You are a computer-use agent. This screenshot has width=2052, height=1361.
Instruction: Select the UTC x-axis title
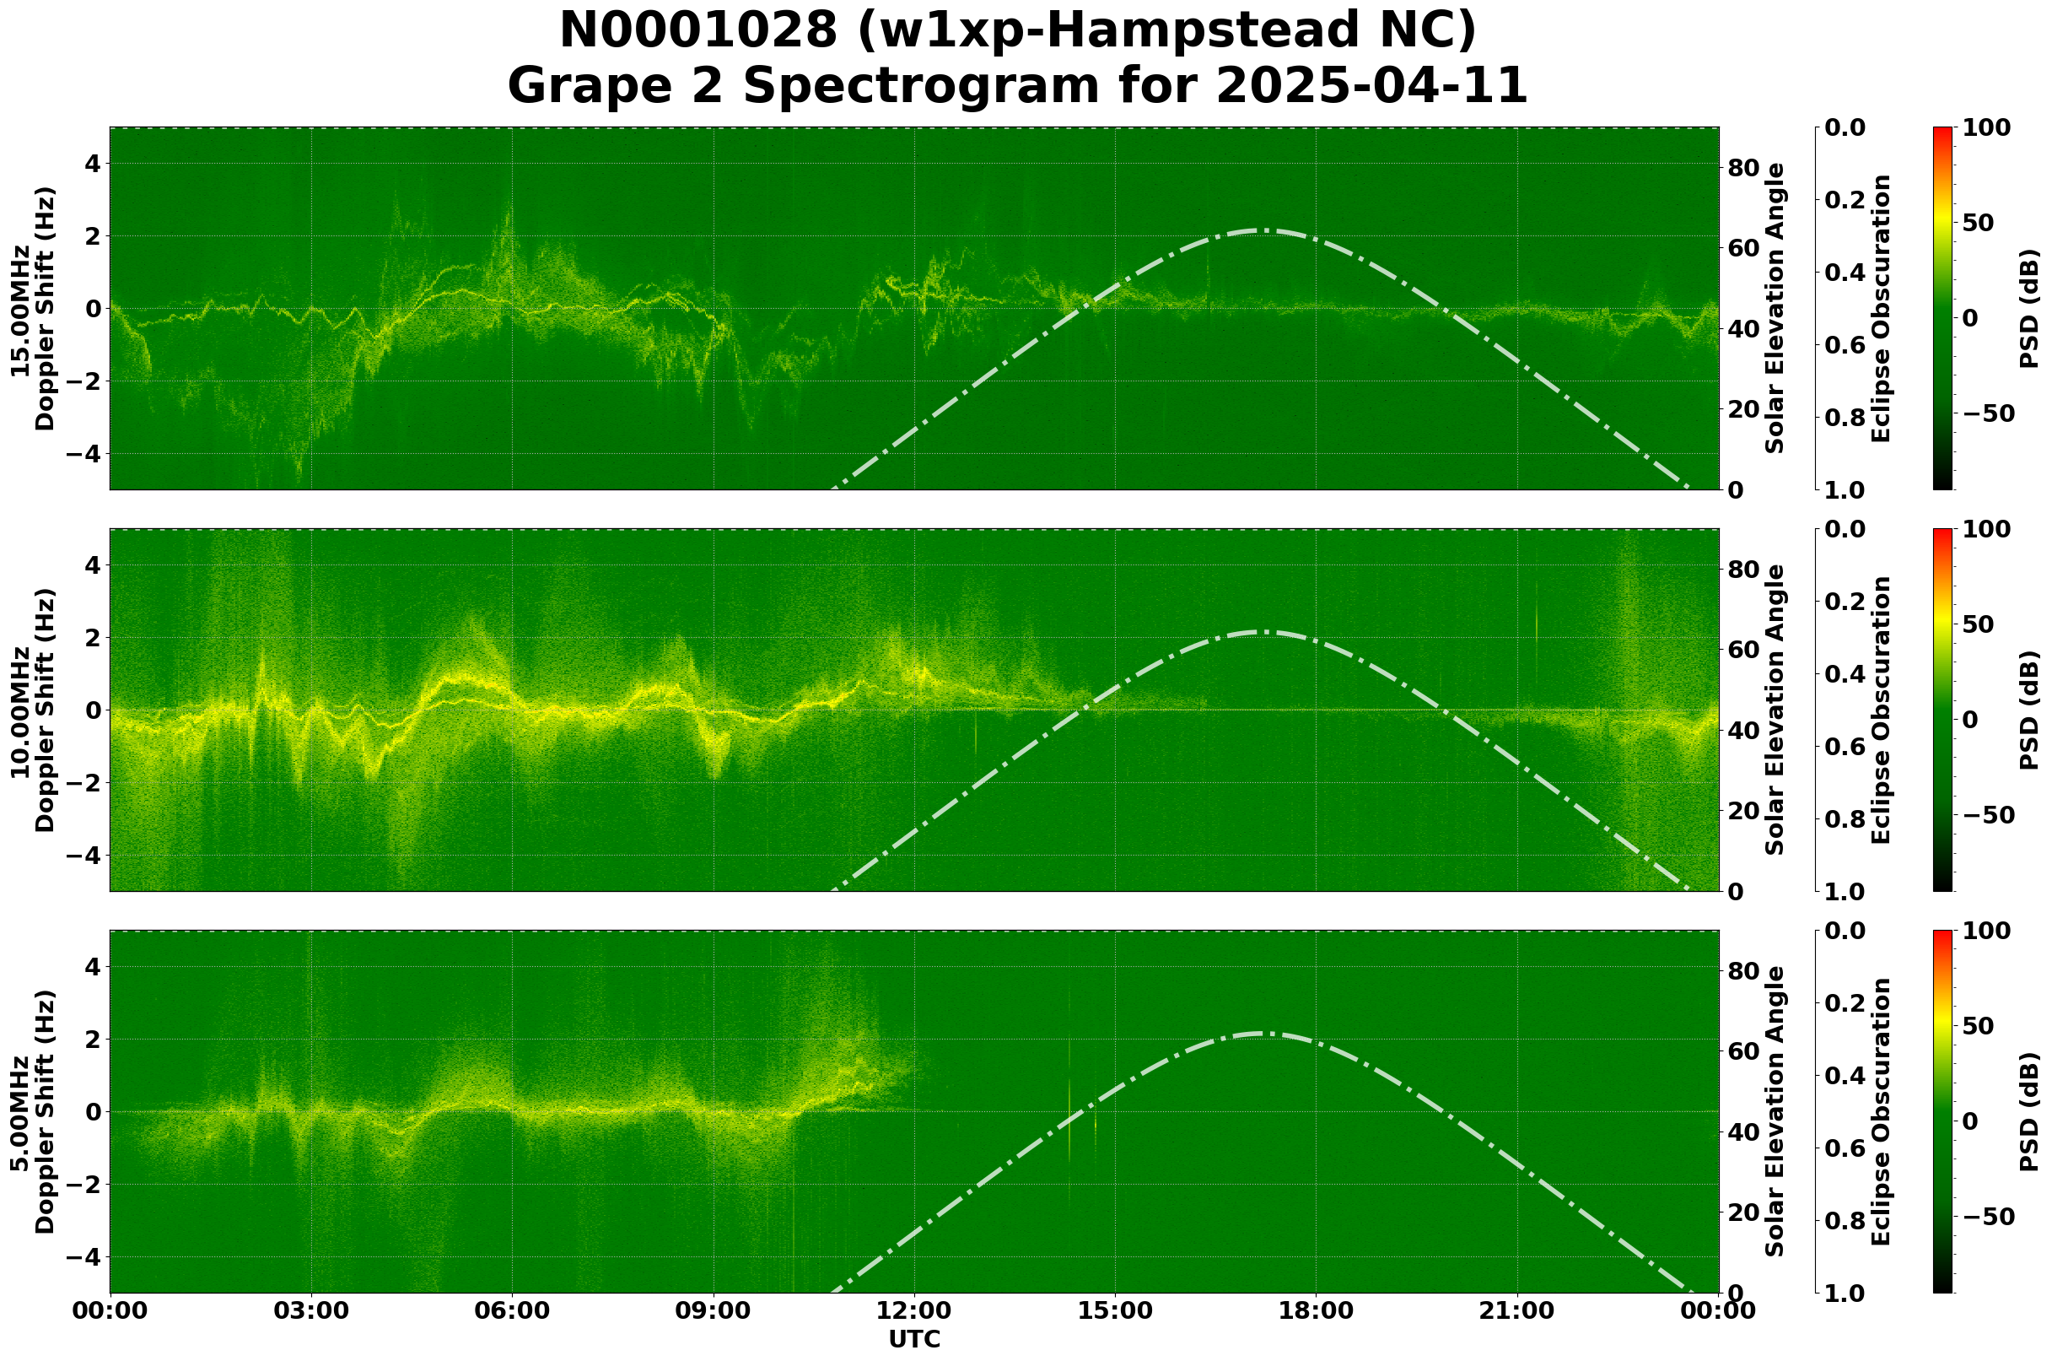pos(914,1340)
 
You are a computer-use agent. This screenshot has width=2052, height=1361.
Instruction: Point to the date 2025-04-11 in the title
pos(1371,87)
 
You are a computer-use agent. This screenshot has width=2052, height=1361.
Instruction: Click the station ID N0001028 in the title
pos(699,32)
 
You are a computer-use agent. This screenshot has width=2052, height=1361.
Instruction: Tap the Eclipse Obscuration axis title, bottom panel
pos(1880,1112)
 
